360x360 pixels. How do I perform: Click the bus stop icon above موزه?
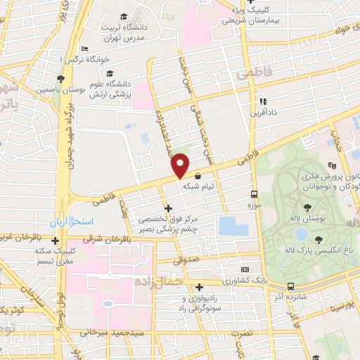point(254,194)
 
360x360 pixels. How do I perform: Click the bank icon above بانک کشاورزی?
point(244,269)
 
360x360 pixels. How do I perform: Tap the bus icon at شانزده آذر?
point(290,287)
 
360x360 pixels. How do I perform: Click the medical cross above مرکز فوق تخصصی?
point(167,207)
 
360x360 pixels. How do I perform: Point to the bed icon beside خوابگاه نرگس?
point(84,49)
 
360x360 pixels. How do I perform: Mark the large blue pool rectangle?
point(233,226)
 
